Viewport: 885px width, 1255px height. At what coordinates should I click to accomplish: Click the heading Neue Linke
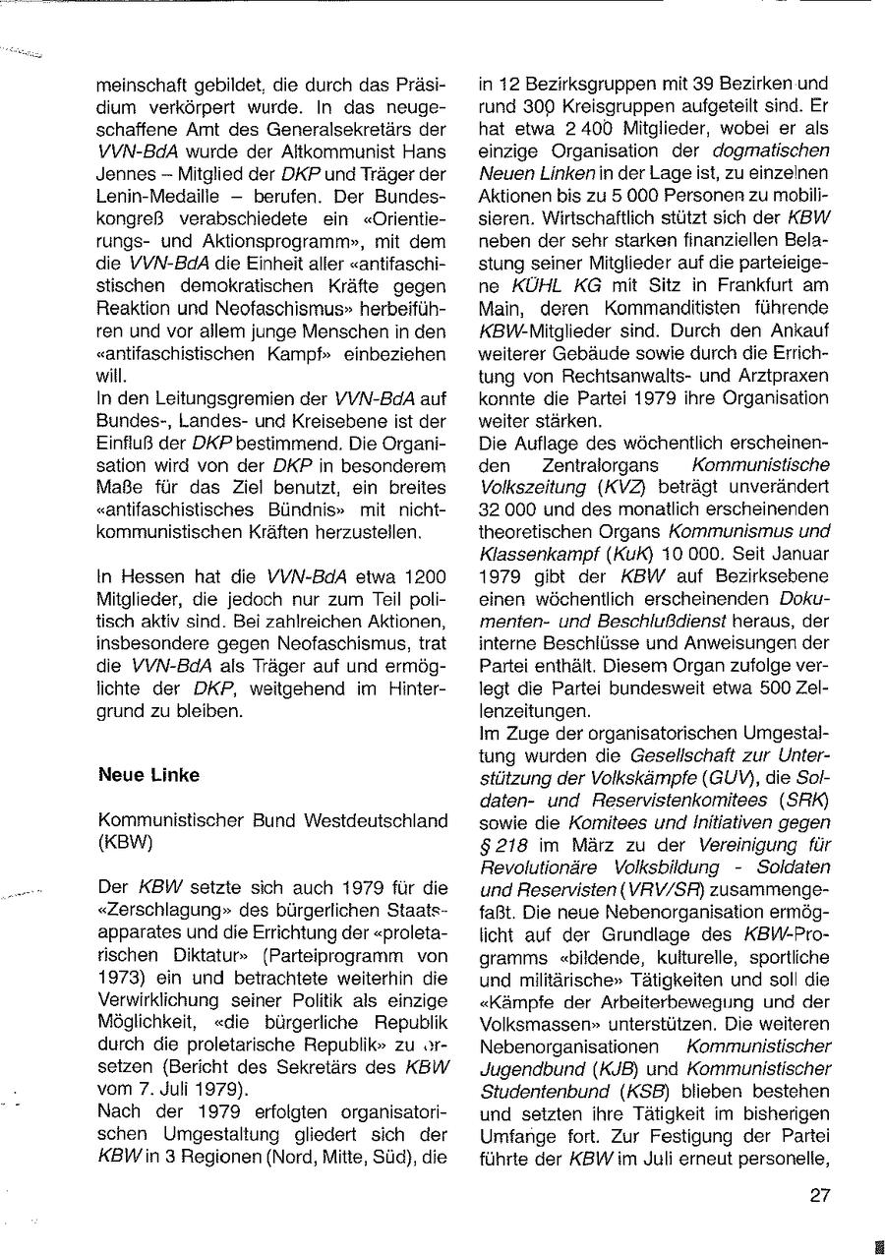click(x=148, y=775)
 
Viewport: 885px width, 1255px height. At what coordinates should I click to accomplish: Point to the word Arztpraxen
click(x=785, y=376)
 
